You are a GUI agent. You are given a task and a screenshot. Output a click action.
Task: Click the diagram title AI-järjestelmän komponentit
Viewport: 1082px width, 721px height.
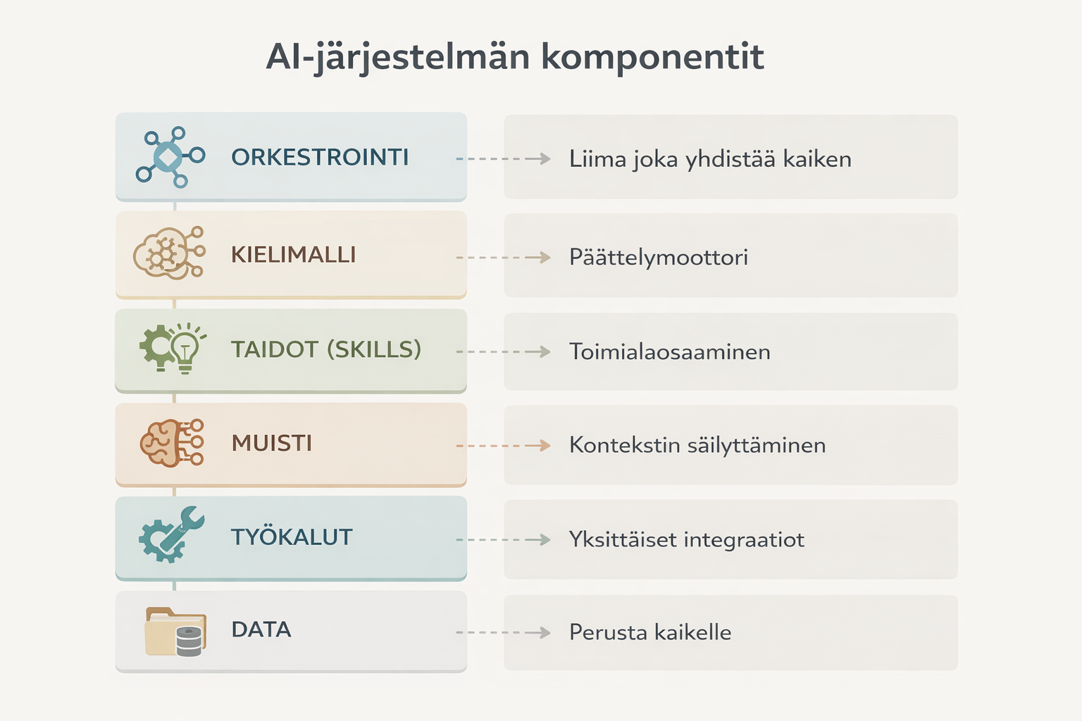(x=515, y=57)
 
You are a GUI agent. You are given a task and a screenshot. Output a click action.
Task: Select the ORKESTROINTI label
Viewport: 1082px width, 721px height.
(x=320, y=157)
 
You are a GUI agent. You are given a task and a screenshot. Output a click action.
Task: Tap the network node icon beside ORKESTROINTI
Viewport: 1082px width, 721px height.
(x=170, y=157)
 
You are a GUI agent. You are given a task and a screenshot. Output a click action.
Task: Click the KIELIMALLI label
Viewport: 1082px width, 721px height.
(x=293, y=254)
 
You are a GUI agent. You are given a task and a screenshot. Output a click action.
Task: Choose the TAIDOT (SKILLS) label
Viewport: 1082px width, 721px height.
(x=326, y=349)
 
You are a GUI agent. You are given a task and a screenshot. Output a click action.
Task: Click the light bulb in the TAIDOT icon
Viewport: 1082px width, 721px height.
(x=185, y=347)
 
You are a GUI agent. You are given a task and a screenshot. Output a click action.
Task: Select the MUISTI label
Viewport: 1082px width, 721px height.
(x=272, y=443)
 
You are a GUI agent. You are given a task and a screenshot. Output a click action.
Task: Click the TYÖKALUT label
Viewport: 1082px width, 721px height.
(x=292, y=537)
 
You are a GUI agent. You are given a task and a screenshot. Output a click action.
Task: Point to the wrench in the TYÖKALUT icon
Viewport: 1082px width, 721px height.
(x=185, y=526)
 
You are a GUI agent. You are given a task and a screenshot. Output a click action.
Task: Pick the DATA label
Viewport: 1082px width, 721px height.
(x=261, y=629)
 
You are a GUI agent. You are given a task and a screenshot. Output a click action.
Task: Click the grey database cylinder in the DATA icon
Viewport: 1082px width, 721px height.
(x=189, y=641)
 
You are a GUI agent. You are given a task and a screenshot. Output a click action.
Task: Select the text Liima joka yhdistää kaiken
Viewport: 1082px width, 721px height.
(x=710, y=159)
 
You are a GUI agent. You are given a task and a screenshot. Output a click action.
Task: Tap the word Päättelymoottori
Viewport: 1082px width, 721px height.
(x=659, y=257)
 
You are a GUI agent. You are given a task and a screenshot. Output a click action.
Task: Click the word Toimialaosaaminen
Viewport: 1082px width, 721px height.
(x=670, y=351)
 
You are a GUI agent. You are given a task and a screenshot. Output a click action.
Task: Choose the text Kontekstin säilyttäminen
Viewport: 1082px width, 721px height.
(x=697, y=445)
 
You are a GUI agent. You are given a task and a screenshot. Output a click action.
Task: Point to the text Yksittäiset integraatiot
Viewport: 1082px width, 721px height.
(x=687, y=539)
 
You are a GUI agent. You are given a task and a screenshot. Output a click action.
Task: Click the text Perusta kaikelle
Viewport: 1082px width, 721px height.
(x=650, y=632)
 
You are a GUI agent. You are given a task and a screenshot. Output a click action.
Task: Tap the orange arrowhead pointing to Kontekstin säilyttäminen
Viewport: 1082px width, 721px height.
(x=543, y=446)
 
